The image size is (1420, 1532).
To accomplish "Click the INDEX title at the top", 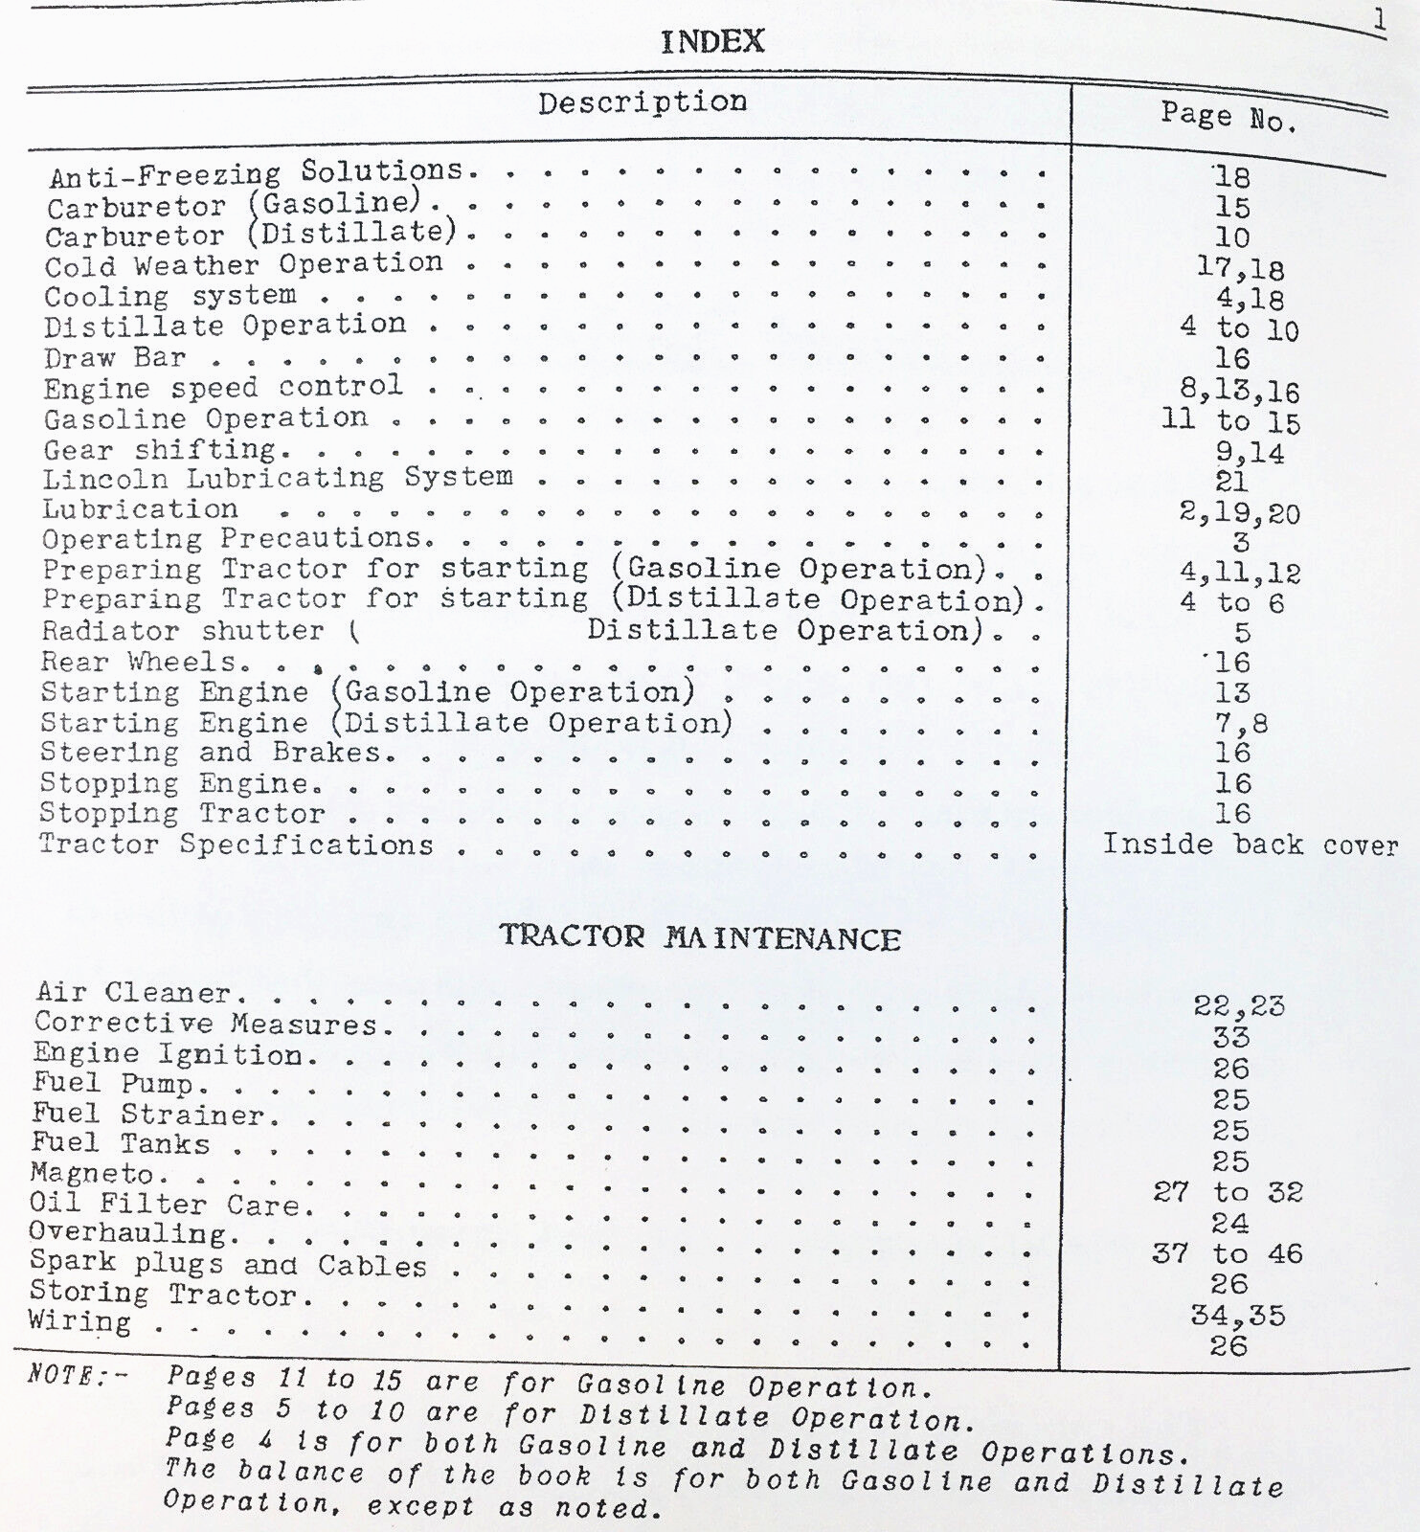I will point(712,41).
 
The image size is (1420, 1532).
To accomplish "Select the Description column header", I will point(642,102).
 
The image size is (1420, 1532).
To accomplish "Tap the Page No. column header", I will point(1229,117).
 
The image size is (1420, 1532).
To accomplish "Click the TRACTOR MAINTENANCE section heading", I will point(700,936).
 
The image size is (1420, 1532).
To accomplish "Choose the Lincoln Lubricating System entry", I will point(278,478).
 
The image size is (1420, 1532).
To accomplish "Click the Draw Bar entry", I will point(115,358).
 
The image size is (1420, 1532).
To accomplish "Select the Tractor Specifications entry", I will point(236,845).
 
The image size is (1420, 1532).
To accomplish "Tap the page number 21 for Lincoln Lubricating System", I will point(1231,482).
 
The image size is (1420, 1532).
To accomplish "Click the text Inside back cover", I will point(1250,845).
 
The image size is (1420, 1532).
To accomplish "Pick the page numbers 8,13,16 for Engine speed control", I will point(1239,391).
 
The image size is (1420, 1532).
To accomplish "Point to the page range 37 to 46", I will point(1228,1253).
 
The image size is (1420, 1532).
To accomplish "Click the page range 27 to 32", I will point(1228,1192).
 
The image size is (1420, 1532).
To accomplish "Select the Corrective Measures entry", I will point(207,1024).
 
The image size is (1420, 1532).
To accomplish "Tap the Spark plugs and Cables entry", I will point(228,1264).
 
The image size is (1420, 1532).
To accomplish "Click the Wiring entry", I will point(80,1322).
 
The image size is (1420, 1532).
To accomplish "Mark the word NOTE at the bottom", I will point(65,1374).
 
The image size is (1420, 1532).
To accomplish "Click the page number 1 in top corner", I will point(1379,19).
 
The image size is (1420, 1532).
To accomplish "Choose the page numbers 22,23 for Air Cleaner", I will point(1238,1006).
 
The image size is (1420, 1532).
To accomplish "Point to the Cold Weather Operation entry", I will point(243,265).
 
